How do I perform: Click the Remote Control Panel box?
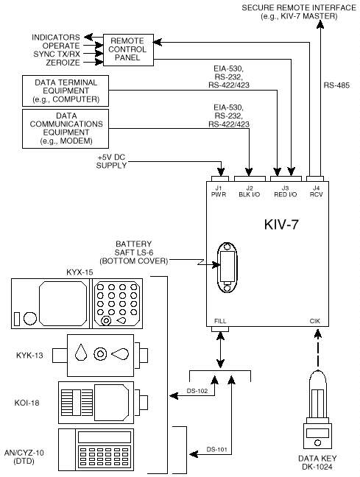tap(128, 49)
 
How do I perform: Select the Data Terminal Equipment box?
tap(66, 91)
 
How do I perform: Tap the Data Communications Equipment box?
tap(66, 129)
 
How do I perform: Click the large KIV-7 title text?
tap(281, 225)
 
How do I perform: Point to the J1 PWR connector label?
tap(219, 191)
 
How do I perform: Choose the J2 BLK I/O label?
tap(250, 191)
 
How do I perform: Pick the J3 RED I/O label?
tap(285, 191)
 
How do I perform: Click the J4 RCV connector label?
tap(316, 191)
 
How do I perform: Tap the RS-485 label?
tap(336, 85)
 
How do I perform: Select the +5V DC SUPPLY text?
tap(111, 161)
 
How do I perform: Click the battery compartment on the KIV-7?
tap(227, 267)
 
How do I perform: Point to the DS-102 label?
tap(197, 391)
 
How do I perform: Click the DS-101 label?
tap(216, 449)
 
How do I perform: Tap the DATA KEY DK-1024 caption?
tap(317, 462)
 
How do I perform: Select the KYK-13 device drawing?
tap(100, 356)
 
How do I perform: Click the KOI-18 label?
tap(27, 403)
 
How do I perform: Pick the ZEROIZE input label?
tap(63, 63)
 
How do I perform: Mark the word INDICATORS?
tap(56, 38)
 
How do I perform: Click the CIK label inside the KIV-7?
tap(315, 321)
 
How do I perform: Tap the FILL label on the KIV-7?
tap(220, 321)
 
